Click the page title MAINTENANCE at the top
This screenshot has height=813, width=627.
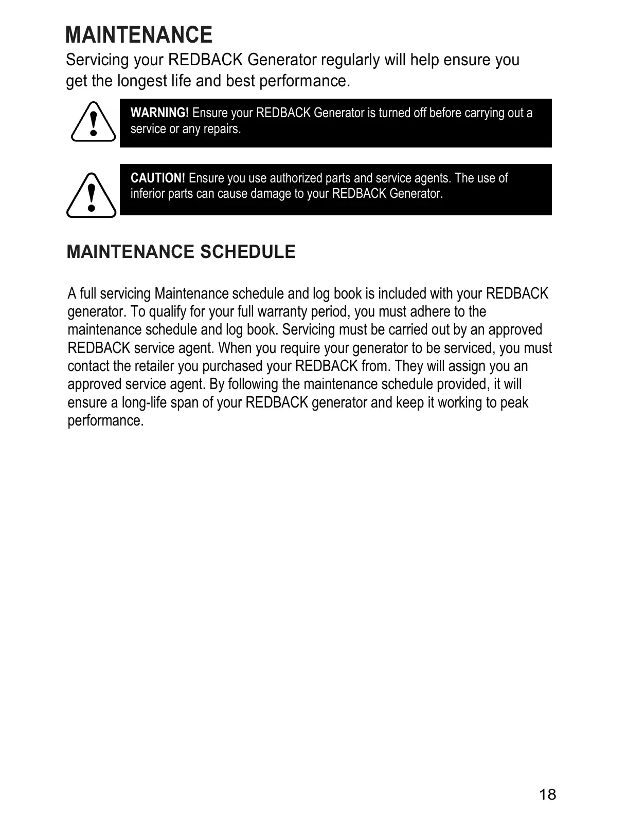click(139, 35)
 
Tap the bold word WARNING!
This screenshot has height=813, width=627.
click(159, 113)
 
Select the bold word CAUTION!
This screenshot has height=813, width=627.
click(157, 178)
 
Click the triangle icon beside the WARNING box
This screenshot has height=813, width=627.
click(93, 122)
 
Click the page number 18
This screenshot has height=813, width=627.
click(547, 794)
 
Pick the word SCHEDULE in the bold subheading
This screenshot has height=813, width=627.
click(247, 252)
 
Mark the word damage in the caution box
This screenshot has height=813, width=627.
click(270, 194)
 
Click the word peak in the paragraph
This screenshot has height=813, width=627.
click(514, 402)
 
